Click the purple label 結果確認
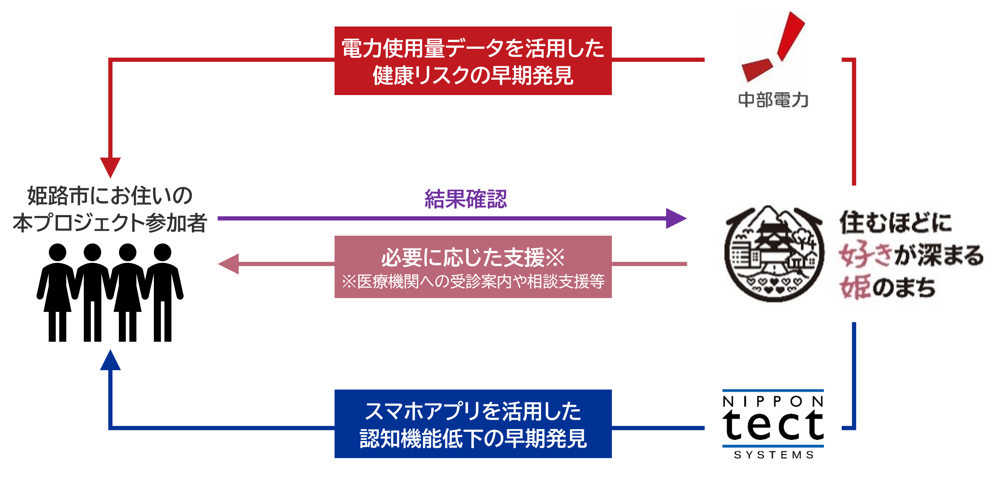tap(466, 199)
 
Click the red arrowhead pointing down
tap(110, 167)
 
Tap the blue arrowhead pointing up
tap(110, 360)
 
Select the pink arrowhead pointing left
tap(229, 264)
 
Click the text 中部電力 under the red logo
tap(773, 100)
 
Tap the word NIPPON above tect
tap(773, 402)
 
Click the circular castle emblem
tap(774, 253)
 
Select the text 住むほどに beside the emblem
tap(896, 222)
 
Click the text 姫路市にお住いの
tap(110, 196)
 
